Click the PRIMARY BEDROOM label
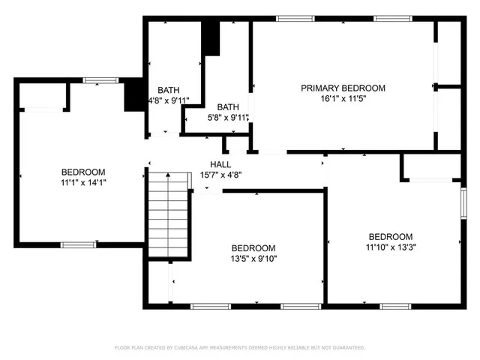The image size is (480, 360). [343, 88]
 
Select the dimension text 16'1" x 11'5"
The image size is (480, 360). [343, 99]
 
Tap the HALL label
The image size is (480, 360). [220, 164]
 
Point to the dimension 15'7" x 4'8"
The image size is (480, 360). [220, 175]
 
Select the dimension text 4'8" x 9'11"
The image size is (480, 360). [168, 100]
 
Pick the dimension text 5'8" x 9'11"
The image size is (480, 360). [228, 118]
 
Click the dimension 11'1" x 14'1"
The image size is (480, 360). [82, 182]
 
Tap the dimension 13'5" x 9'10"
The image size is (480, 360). [253, 259]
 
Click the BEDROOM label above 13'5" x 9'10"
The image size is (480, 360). [253, 248]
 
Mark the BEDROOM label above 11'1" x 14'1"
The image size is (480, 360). [82, 172]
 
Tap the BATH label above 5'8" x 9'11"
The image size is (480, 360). [228, 107]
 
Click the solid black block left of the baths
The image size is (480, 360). [134, 94]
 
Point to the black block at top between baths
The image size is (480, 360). [211, 38]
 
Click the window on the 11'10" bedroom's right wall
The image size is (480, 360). [462, 202]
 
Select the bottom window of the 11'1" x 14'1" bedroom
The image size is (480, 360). [77, 244]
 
